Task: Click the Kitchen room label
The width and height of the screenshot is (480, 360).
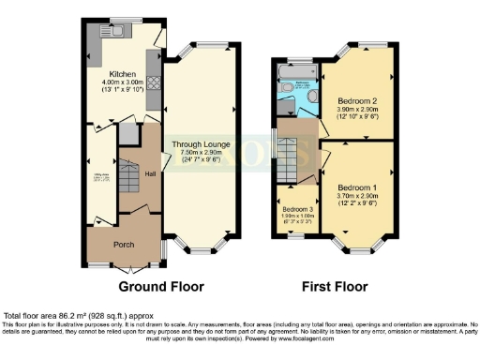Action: pos(123,73)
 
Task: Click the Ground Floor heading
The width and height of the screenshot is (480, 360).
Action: pos(157,287)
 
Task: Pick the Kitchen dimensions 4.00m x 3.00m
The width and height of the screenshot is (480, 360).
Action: pos(123,82)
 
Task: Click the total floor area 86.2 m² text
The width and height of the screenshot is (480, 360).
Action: pos(79,317)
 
